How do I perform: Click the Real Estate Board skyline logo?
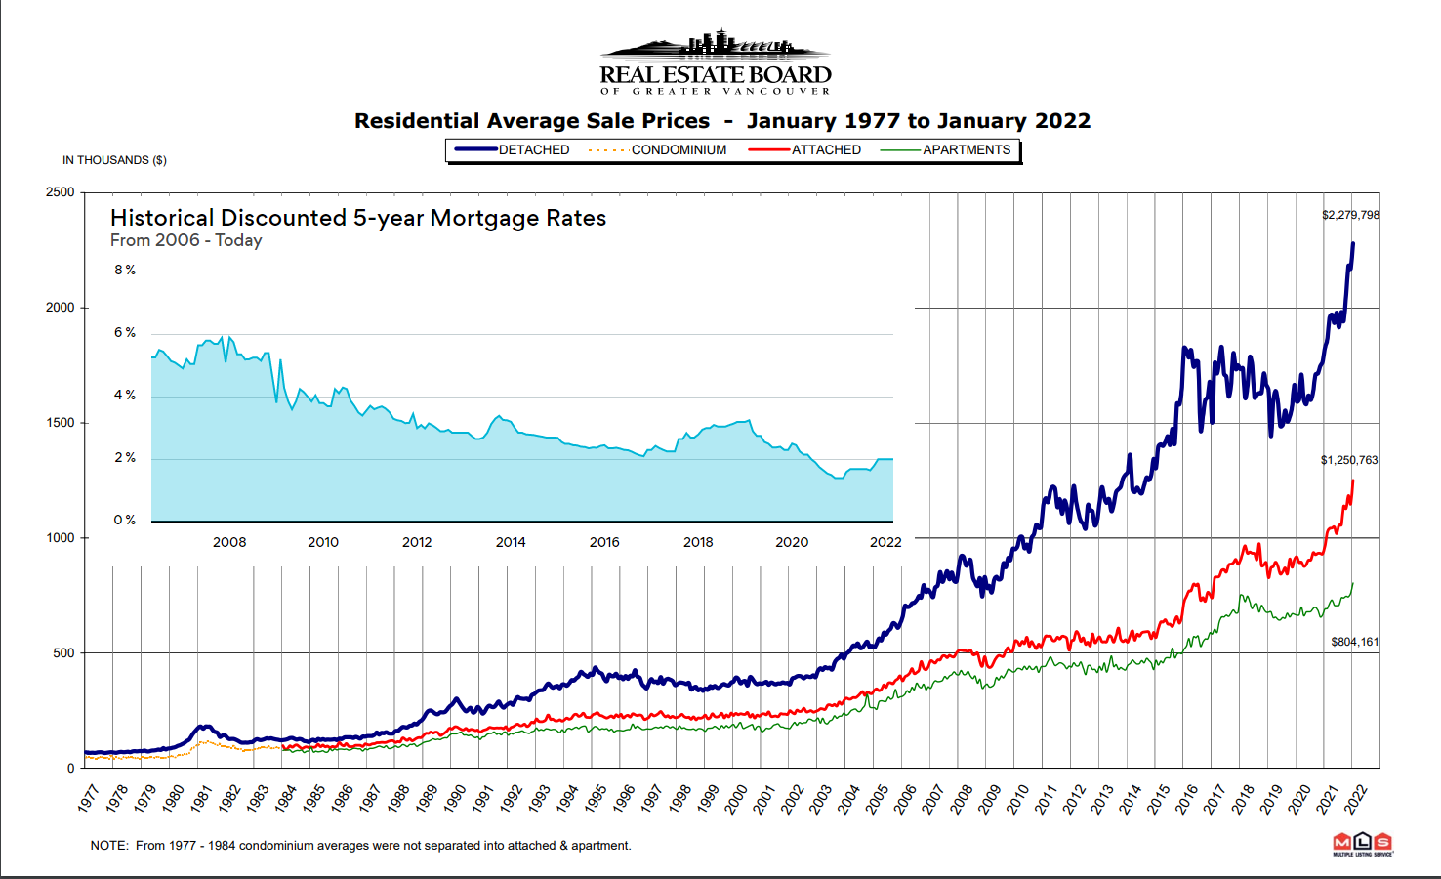click(x=715, y=61)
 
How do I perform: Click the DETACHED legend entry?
click(x=533, y=149)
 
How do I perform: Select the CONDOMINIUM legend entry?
click(x=678, y=149)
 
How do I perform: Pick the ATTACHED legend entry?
click(x=825, y=149)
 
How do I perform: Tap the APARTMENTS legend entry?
click(x=966, y=149)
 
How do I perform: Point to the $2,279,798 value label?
click(x=1350, y=215)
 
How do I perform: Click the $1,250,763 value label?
click(x=1349, y=460)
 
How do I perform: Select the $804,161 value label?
click(x=1354, y=642)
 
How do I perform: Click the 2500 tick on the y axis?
click(x=60, y=192)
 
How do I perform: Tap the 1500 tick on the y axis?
click(x=60, y=423)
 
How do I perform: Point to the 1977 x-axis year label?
click(x=88, y=798)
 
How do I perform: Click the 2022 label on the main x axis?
click(x=1355, y=798)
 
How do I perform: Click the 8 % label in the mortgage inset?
click(x=125, y=270)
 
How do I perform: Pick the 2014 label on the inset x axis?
click(x=511, y=542)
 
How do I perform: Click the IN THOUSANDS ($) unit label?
click(x=114, y=160)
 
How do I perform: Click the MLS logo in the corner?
click(x=1363, y=844)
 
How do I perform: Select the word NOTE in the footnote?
click(x=107, y=846)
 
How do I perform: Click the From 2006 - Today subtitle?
click(x=185, y=240)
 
